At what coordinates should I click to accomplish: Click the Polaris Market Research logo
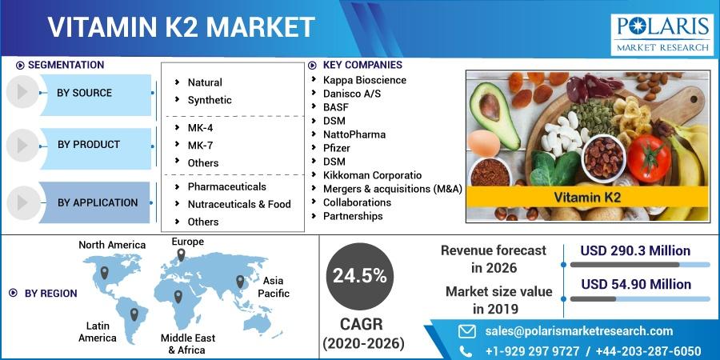pos(662,34)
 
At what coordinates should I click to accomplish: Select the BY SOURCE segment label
pos(85,93)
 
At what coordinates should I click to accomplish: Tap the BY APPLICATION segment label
pos(98,202)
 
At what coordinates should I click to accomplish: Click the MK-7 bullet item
pos(200,146)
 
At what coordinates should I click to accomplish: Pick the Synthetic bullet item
pos(210,100)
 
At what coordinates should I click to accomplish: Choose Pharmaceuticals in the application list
pos(227,187)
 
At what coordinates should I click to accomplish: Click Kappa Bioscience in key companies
pos(365,80)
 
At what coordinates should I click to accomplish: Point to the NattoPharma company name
pos(354,134)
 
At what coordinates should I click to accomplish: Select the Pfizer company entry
pos(337,148)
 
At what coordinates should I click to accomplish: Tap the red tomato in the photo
pos(649,158)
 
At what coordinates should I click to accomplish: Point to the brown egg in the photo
pos(483,143)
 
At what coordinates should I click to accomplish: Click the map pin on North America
pos(104,272)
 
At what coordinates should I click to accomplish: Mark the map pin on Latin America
pos(134,314)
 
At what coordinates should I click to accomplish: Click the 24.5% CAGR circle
pos(359,276)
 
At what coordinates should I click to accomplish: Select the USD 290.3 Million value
pos(635,250)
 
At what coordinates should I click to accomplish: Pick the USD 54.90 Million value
pos(636,284)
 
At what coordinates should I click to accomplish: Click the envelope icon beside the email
pos(467,331)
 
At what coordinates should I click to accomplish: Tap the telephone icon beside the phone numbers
pos(466,351)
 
